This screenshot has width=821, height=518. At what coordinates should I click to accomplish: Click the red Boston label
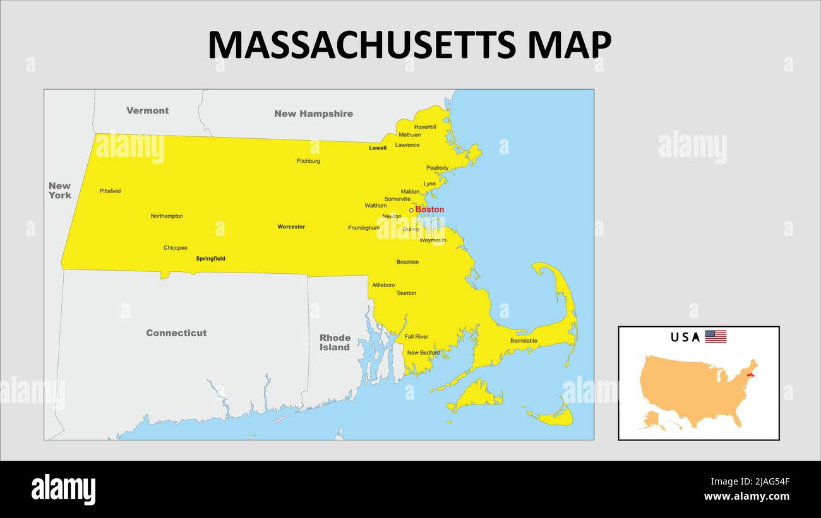point(429,209)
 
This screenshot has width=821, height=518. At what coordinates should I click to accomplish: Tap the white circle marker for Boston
point(411,210)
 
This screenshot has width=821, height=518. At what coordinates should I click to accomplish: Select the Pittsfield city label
point(110,191)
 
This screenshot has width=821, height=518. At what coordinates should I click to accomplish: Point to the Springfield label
point(210,259)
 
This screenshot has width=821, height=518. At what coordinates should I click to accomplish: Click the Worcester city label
point(291,227)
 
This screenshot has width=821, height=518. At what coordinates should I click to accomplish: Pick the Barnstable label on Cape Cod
point(524,341)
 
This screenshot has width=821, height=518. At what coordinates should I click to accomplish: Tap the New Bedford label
point(423,353)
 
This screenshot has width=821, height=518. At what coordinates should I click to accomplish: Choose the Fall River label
point(416,337)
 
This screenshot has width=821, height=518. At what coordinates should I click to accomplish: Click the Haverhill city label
point(425,127)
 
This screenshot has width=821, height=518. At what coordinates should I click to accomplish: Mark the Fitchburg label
point(308,162)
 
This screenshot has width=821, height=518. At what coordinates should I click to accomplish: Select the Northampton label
point(167,216)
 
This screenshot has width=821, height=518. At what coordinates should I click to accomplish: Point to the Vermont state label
point(147,111)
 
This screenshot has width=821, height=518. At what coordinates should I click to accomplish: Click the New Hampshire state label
point(313,114)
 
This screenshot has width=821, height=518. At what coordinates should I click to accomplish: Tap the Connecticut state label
point(176,333)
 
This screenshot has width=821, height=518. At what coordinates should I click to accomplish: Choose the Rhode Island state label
point(335,343)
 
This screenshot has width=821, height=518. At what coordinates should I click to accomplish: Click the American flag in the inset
point(716,337)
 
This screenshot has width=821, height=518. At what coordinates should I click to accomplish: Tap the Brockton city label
point(407,262)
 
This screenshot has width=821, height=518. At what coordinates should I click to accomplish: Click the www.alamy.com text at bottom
point(746,497)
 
